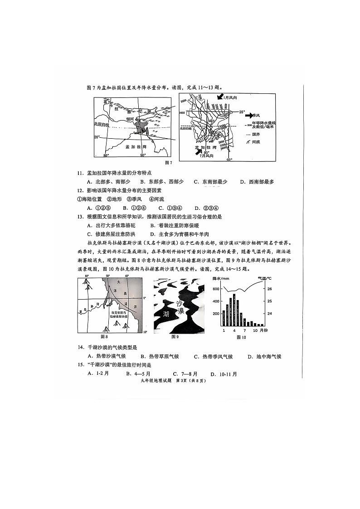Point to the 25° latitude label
pos(242,111)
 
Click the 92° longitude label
pos(229,160)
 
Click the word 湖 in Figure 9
pos(162,314)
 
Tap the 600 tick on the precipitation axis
pos(216,289)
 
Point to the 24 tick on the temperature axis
pos(269,314)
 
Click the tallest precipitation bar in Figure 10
pos(234,310)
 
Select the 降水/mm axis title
pos(222,278)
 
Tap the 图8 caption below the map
pos(104,337)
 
